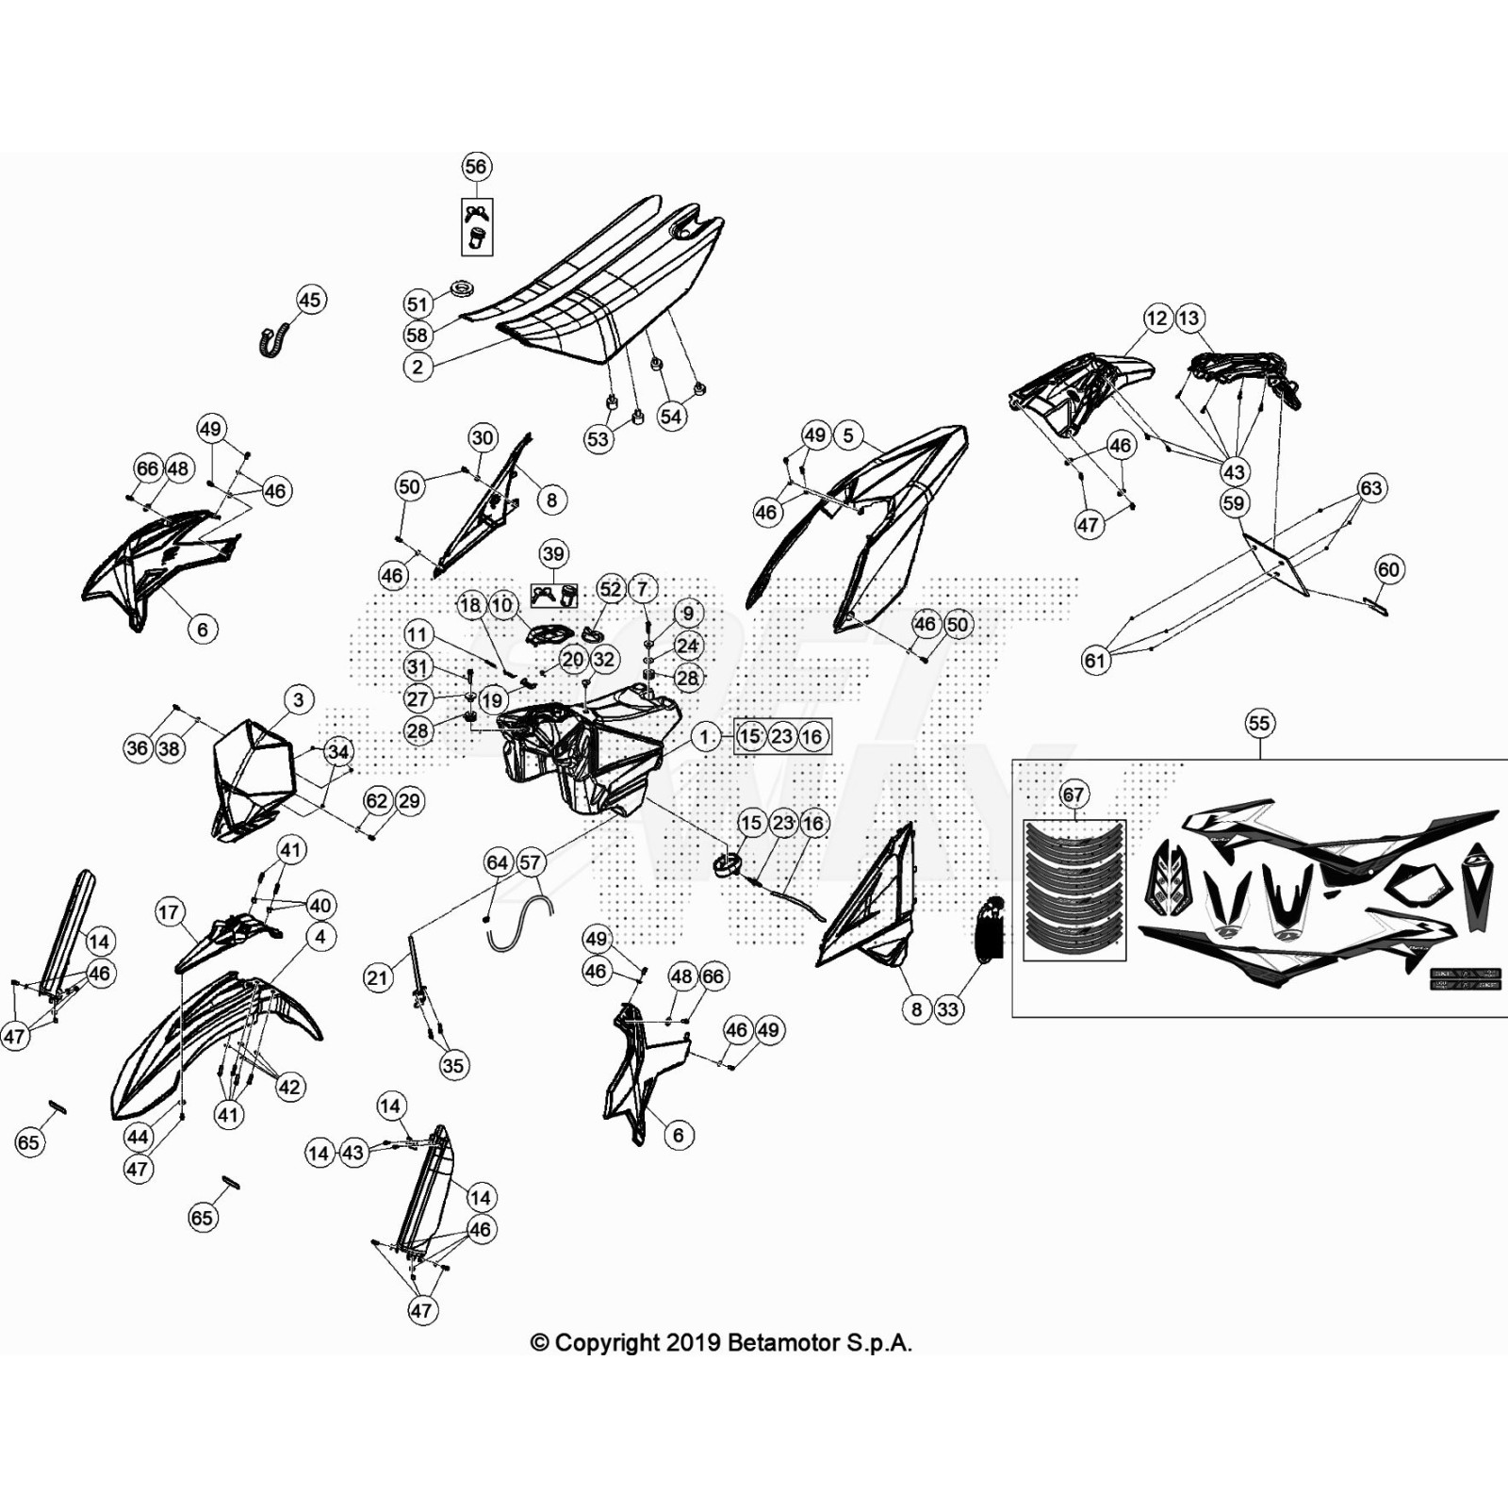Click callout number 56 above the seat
[476, 167]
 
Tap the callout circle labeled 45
[310, 300]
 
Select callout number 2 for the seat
[418, 367]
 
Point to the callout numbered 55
[1259, 723]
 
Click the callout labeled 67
[1074, 795]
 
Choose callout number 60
[1388, 569]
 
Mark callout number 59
[1234, 502]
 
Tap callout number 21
[377, 977]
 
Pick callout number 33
[947, 1009]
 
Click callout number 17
[169, 911]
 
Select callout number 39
[553, 554]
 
